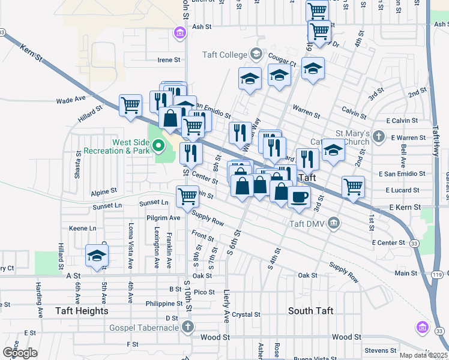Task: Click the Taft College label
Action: tap(224, 55)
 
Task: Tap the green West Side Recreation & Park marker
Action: tap(158, 145)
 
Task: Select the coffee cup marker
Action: tap(299, 196)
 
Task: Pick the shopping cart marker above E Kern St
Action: tap(354, 186)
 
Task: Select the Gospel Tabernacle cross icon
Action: tap(188, 328)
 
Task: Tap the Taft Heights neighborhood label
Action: tap(82, 311)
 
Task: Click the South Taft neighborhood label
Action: tap(310, 311)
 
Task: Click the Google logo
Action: tap(20, 352)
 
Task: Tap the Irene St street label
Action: tap(169, 60)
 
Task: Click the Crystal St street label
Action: tap(246, 314)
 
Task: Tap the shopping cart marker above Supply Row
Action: tap(187, 195)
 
